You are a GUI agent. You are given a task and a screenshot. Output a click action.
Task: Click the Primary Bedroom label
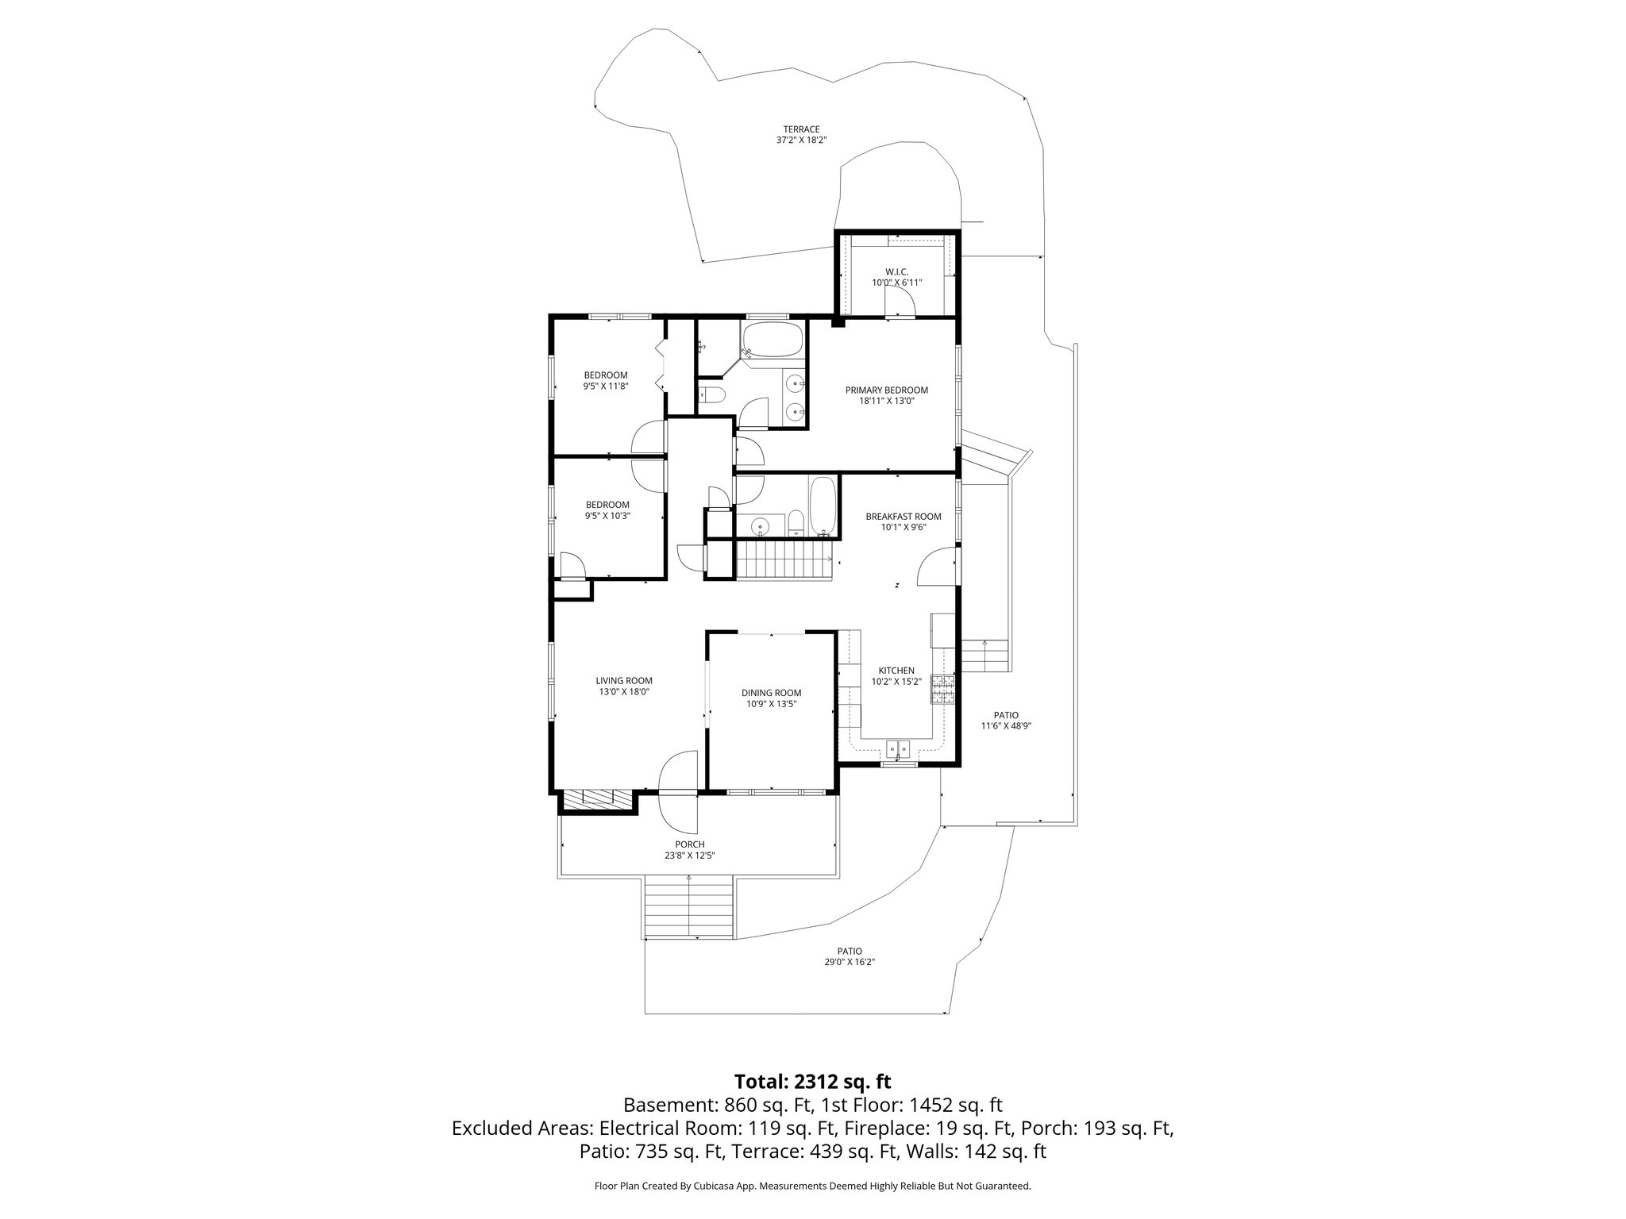tap(886, 395)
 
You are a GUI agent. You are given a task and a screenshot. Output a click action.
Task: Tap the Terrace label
tap(800, 135)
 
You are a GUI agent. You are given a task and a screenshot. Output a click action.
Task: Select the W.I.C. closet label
tap(896, 277)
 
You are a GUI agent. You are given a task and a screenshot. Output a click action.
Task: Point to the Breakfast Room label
tap(904, 521)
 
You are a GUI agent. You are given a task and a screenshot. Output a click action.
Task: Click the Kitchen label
tap(896, 675)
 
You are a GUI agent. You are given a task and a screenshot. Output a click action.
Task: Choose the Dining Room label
tap(772, 698)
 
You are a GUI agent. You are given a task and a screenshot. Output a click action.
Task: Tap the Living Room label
tap(624, 686)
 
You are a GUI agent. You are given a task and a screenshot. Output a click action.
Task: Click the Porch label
tap(690, 849)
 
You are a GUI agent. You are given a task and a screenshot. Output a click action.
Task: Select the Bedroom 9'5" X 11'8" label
tap(606, 380)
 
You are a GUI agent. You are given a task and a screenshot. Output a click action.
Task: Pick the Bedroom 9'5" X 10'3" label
tap(607, 510)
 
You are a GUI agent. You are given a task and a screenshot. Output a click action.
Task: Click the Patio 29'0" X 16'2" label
tap(850, 956)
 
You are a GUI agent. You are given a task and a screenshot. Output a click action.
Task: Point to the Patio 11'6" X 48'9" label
tap(1006, 720)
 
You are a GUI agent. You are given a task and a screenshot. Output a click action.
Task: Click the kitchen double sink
tap(899, 748)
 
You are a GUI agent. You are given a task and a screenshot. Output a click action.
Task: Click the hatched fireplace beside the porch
tap(597, 800)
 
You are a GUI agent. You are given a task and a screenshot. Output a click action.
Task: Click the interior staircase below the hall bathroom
tap(784, 560)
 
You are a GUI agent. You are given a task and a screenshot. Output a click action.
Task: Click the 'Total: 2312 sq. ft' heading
tap(812, 1081)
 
